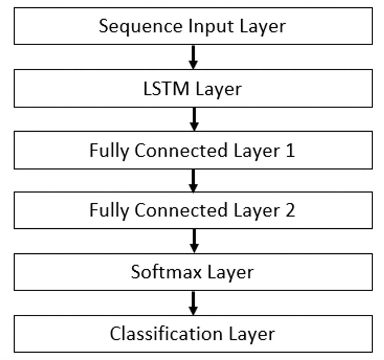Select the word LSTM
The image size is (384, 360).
[166, 89]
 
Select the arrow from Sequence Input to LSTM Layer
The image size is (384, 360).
[194, 57]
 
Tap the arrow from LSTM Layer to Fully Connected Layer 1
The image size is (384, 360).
[194, 119]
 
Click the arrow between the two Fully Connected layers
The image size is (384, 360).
[194, 180]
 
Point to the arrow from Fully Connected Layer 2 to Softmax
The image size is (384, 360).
[194, 241]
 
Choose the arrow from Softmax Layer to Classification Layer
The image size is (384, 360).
[194, 303]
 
